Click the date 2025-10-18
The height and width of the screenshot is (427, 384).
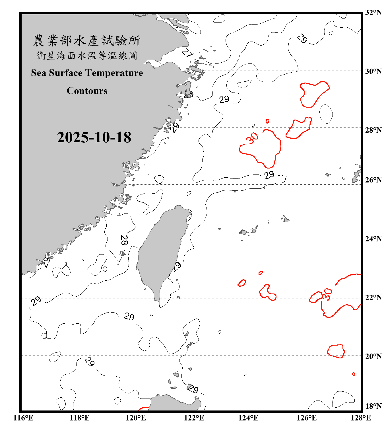click(94, 137)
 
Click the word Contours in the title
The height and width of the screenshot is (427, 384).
click(87, 91)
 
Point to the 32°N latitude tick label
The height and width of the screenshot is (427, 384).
click(373, 13)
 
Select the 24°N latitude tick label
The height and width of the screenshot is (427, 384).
click(373, 239)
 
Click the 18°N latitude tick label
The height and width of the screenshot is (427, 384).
click(373, 406)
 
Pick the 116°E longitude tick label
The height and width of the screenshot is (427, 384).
click(23, 418)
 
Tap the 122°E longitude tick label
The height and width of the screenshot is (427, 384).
click(194, 418)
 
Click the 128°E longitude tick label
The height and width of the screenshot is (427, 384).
click(361, 418)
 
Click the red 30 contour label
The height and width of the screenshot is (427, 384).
click(252, 138)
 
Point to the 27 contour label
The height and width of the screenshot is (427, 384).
click(187, 53)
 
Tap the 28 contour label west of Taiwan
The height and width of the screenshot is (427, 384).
click(124, 240)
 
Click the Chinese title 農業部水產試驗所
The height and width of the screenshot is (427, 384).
click(87, 41)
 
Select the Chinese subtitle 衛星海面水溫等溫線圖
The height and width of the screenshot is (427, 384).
click(87, 56)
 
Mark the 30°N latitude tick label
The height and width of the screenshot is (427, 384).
click(373, 71)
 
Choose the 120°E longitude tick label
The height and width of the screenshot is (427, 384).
click(136, 418)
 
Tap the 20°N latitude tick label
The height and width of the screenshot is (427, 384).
click(373, 356)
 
